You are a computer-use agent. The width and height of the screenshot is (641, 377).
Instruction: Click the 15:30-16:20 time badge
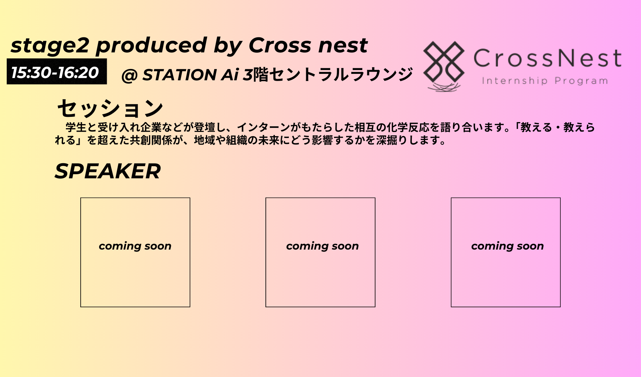click(x=57, y=72)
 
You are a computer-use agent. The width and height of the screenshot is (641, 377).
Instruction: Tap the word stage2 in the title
click(x=50, y=46)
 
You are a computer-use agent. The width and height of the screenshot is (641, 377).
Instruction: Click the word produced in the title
click(x=151, y=46)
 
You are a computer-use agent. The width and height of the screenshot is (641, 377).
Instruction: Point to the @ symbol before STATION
click(x=129, y=75)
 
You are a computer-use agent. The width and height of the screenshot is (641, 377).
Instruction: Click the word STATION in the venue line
click(x=179, y=75)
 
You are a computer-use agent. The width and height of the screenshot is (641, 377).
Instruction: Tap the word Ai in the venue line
click(x=230, y=75)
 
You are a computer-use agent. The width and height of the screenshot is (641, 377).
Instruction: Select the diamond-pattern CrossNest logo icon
click(x=444, y=62)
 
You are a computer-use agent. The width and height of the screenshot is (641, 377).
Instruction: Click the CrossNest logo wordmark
click(x=548, y=58)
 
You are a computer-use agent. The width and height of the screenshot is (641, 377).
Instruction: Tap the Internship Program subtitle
click(x=545, y=81)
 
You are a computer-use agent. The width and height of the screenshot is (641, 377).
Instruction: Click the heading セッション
click(x=110, y=109)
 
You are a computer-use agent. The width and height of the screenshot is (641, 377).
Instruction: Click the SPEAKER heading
click(x=107, y=171)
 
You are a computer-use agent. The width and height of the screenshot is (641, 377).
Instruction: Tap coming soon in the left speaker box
click(x=135, y=246)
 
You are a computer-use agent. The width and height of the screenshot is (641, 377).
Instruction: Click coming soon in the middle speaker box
click(x=322, y=246)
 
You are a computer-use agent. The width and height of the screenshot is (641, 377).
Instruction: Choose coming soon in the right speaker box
click(x=508, y=246)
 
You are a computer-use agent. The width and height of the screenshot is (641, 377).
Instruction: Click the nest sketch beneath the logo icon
click(x=444, y=87)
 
